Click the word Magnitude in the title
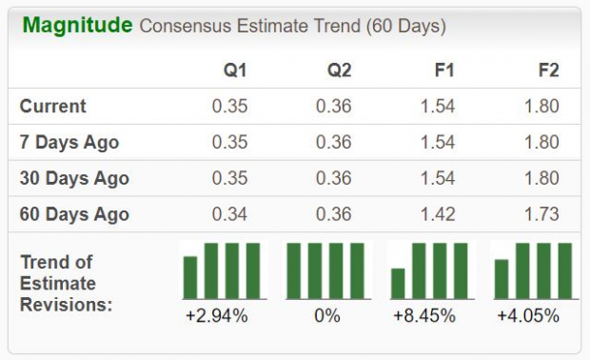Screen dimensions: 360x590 77,25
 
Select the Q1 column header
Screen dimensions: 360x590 236,70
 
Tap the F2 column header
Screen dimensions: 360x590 547,70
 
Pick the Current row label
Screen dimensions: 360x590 53,106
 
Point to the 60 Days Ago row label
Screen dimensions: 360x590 74,214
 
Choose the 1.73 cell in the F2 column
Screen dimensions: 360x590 541,214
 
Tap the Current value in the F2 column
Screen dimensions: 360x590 541,106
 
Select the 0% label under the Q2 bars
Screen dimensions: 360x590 326,315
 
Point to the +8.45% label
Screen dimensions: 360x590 428,315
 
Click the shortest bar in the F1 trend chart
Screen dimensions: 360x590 398,284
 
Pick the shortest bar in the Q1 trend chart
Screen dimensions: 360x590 190,277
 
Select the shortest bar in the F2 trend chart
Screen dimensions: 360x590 501,279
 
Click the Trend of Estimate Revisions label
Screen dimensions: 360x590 64,283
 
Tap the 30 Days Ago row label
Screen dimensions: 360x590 74,178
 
